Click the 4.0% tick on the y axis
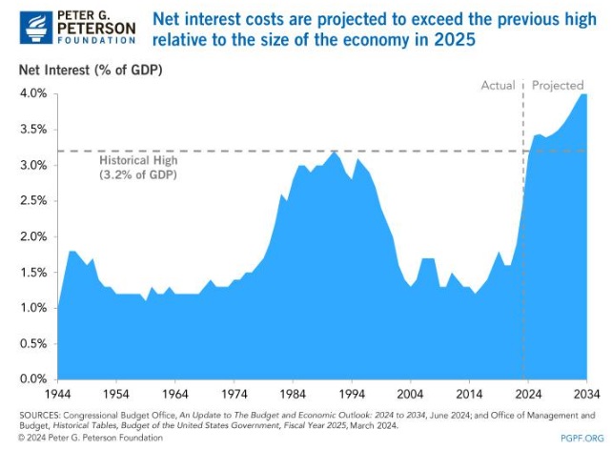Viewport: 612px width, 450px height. [x=34, y=93]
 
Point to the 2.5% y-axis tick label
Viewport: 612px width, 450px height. [x=34, y=200]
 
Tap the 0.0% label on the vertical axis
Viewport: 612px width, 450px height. [x=34, y=378]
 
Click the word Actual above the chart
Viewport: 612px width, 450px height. [x=499, y=85]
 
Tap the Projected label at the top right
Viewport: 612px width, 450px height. [x=557, y=85]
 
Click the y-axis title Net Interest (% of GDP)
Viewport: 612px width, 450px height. [x=91, y=70]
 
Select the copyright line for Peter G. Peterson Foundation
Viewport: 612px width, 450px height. [x=91, y=438]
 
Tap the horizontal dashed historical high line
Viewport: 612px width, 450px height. [x=286, y=151]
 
